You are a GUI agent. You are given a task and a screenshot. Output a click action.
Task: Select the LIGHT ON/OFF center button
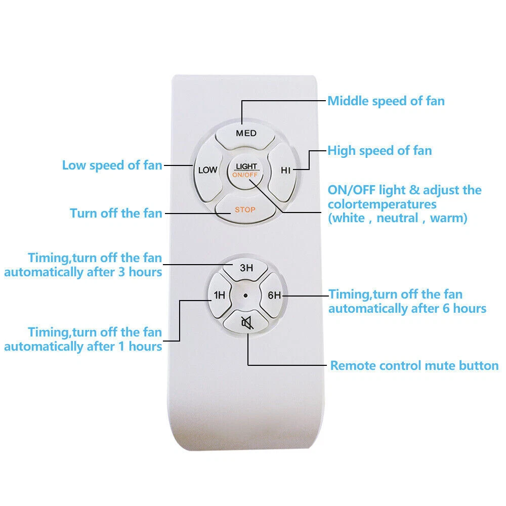pyautogui.click(x=246, y=171)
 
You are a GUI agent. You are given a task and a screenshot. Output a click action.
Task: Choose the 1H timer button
pyautogui.click(x=220, y=295)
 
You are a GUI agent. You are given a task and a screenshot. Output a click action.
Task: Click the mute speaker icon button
pyautogui.click(x=246, y=322)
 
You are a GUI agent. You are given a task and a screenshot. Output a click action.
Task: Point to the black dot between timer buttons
pyautogui.click(x=245, y=296)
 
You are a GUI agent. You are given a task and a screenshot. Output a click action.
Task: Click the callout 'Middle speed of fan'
pyautogui.click(x=386, y=101)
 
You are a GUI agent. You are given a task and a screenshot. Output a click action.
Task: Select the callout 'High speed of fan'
pyautogui.click(x=380, y=151)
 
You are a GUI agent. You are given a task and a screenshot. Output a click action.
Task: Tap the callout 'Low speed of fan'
pyautogui.click(x=112, y=165)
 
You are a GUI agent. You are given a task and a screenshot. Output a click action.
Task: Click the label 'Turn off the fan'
pyautogui.click(x=116, y=214)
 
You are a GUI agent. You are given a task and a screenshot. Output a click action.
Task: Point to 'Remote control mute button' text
pyautogui.click(x=414, y=366)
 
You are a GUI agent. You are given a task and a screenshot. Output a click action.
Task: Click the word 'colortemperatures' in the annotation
pyautogui.click(x=382, y=204)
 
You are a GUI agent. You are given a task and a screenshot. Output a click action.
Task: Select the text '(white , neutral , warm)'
pyautogui.click(x=398, y=218)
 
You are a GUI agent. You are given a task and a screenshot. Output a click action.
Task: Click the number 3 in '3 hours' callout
pyautogui.click(x=121, y=272)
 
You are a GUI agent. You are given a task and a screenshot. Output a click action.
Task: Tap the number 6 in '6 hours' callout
pyautogui.click(x=446, y=309)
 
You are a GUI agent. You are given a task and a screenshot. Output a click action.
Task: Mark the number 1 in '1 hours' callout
pyautogui.click(x=121, y=347)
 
